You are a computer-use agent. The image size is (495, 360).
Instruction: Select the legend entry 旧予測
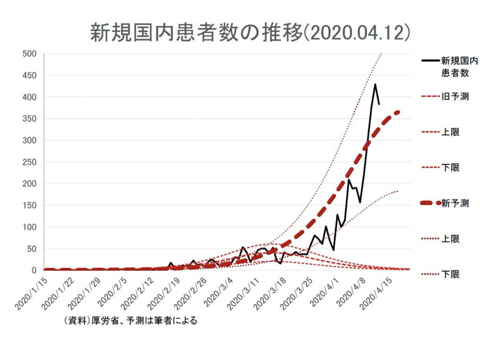(455, 97)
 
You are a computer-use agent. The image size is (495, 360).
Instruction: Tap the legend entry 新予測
(455, 203)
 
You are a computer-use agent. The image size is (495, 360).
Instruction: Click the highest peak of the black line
(375, 84)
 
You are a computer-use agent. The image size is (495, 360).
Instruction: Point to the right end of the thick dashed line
(398, 112)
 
